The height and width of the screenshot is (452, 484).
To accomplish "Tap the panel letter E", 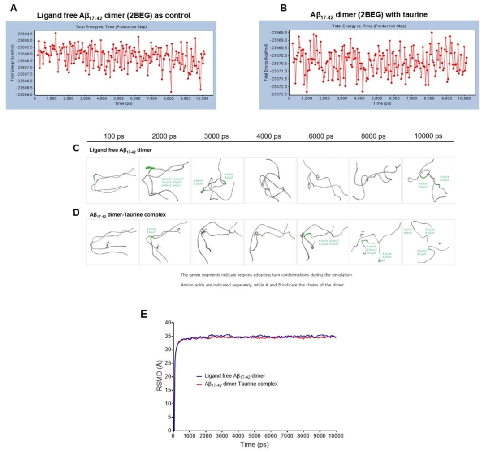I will point(144,314).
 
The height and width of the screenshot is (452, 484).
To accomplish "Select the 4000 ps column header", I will point(270,136).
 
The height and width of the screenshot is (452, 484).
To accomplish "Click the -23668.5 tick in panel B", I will point(278,33).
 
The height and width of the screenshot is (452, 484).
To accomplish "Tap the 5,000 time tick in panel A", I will point(119,98).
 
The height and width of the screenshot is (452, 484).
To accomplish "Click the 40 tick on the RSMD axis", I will point(168,322).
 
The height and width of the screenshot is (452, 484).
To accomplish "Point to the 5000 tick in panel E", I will point(255,435).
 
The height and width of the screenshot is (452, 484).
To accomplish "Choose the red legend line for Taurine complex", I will point(200,384).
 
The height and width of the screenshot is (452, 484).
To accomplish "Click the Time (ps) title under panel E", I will point(254,445).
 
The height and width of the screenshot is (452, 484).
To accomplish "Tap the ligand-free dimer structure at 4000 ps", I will point(270,179).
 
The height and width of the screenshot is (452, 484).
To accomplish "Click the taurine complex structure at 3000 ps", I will point(217,242).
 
